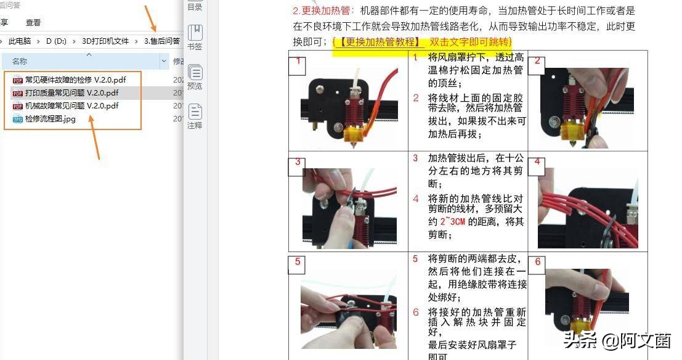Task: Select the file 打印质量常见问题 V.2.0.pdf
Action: click(71, 92)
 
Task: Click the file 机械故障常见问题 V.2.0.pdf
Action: click(71, 105)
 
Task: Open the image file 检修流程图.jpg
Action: click(50, 118)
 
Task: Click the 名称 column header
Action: click(20, 61)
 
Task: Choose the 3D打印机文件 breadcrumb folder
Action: click(105, 41)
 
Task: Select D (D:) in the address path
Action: click(55, 41)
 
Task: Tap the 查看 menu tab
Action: click(33, 22)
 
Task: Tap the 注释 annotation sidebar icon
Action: click(195, 116)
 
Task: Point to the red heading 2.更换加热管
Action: click(323, 10)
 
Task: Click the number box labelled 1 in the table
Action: click(298, 61)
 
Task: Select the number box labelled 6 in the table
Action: click(537, 261)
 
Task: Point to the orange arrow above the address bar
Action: click(151, 18)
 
